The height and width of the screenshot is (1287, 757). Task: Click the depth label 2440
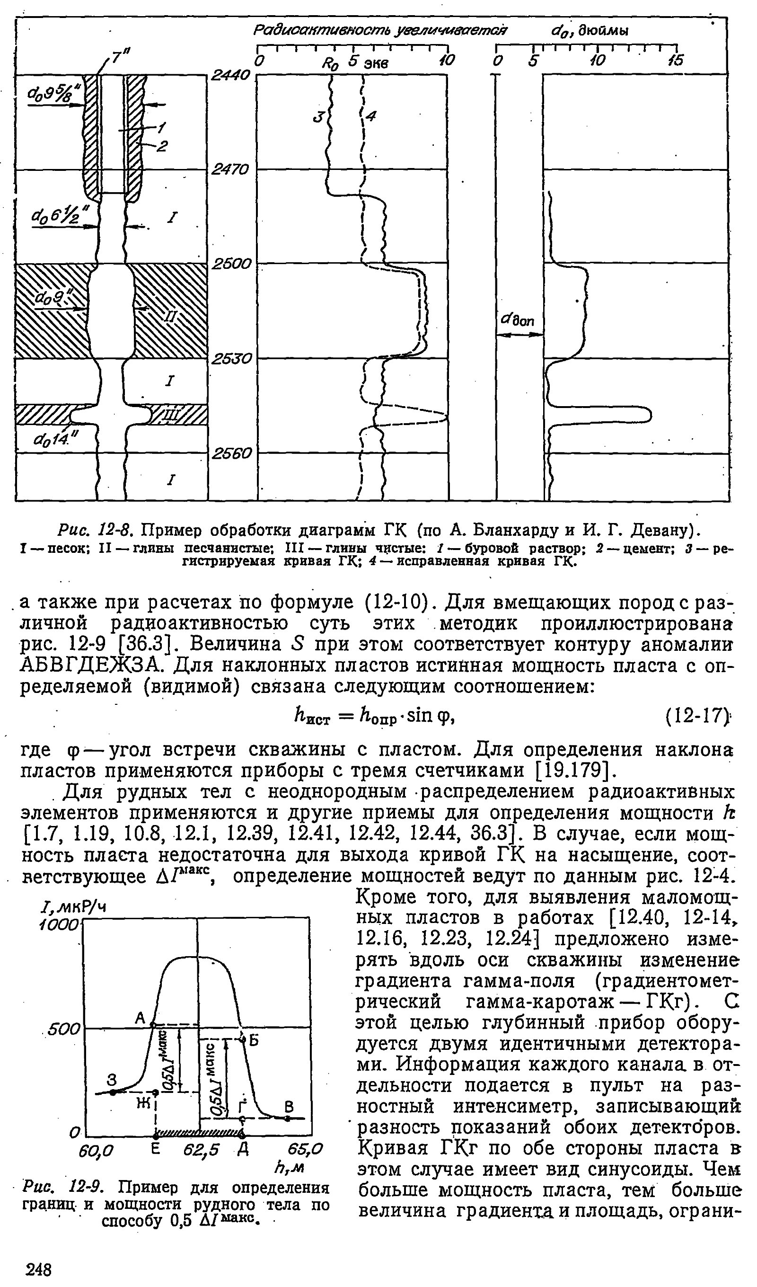231,76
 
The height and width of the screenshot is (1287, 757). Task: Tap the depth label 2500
231,264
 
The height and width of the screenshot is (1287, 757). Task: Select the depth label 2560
231,453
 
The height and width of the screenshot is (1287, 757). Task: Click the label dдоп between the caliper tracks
518,320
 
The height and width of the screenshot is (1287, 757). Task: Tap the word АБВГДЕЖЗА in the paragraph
93,666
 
